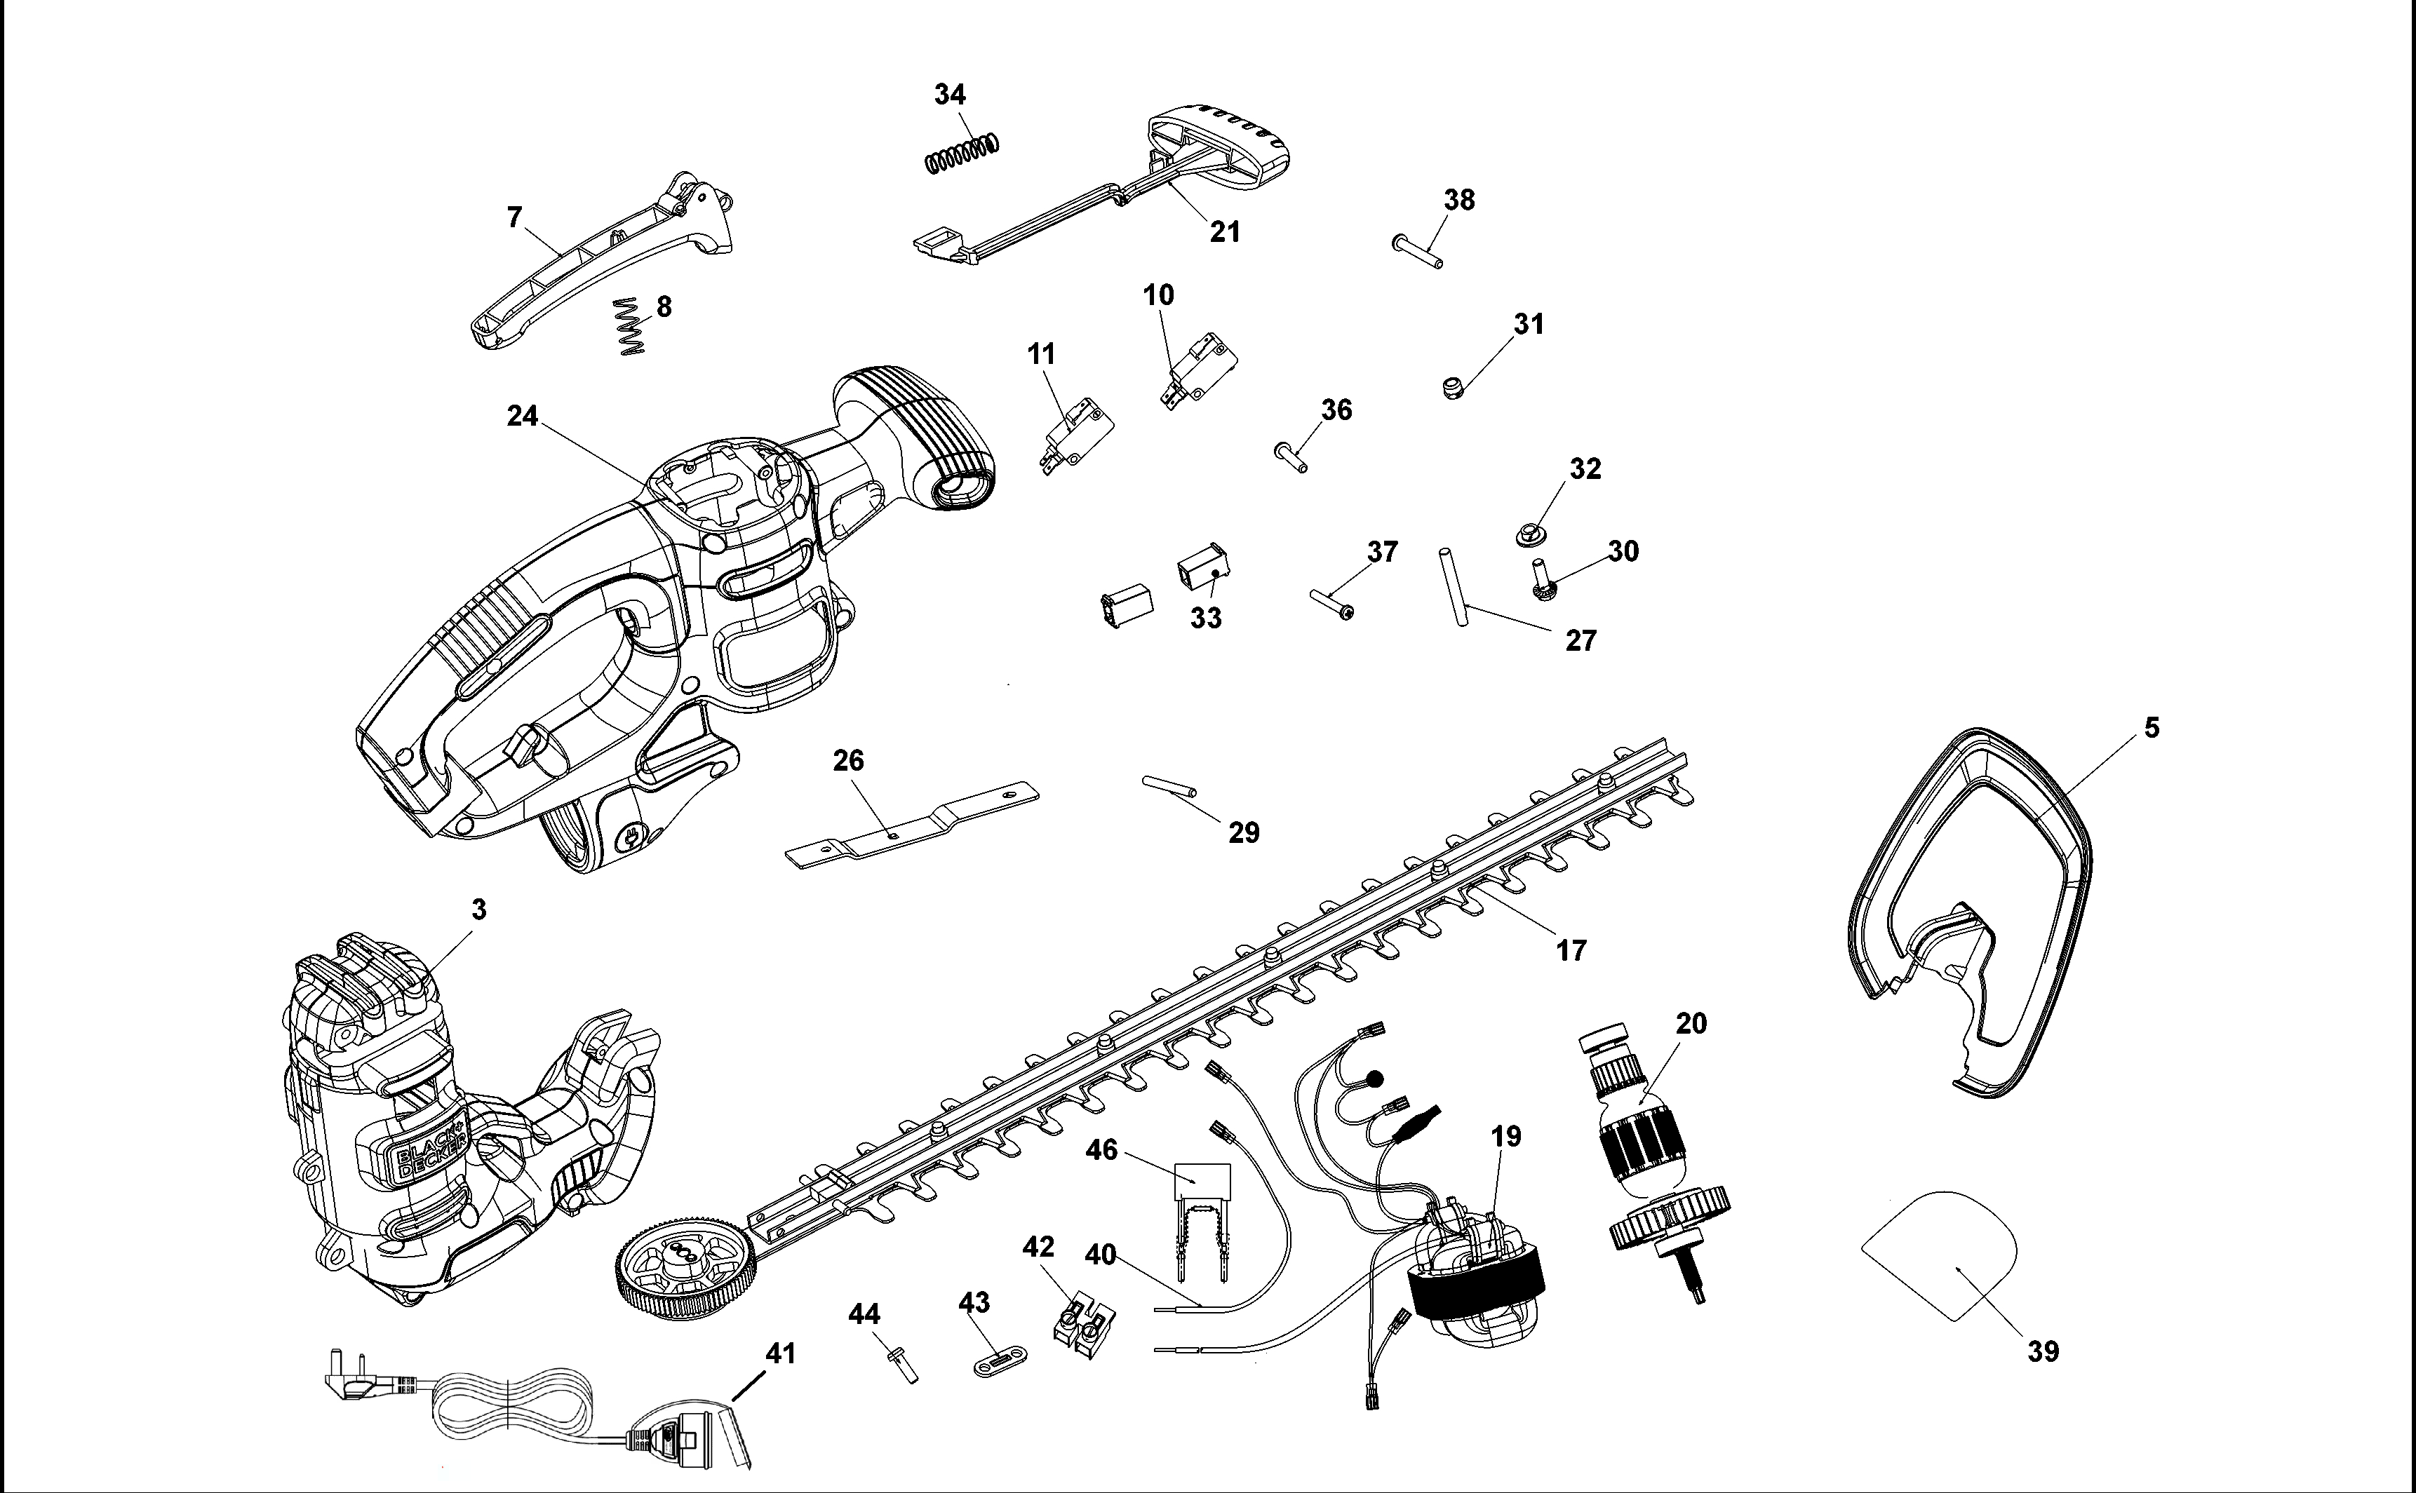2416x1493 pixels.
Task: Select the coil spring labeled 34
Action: pos(962,153)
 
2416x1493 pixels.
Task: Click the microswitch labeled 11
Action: pos(1077,435)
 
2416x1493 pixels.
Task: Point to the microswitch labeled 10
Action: pos(1198,371)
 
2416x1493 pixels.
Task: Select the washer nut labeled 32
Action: pos(1530,535)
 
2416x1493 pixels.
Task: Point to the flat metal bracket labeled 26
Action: pos(912,825)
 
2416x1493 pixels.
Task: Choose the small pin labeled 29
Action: pos(1170,786)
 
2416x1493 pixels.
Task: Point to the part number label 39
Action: pos(2043,1351)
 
